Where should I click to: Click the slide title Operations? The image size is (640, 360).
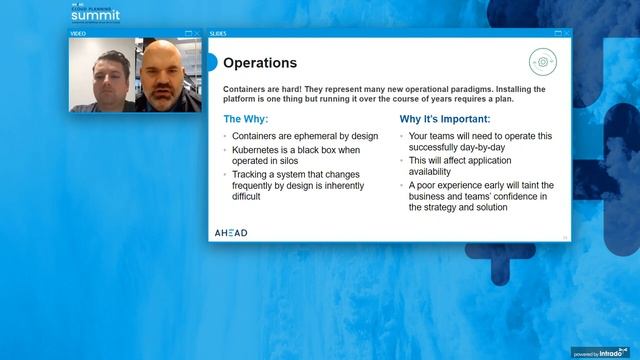click(259, 63)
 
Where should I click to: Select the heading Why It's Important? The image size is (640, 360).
click(445, 118)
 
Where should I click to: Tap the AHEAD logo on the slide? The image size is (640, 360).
click(231, 233)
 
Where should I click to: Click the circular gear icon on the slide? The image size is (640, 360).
click(542, 62)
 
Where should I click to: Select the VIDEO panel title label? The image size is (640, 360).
click(78, 33)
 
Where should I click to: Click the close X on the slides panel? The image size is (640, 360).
click(566, 33)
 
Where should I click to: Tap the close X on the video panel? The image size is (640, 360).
click(198, 33)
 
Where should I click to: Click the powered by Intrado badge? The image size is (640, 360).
click(604, 352)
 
